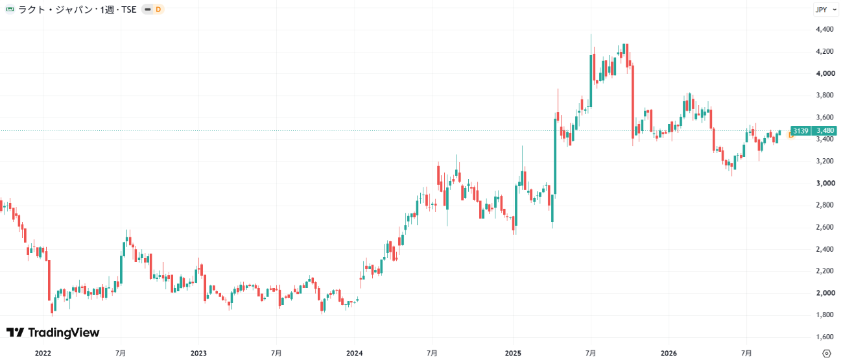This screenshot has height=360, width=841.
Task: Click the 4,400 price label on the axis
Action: point(825,29)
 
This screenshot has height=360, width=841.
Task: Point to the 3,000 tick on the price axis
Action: point(825,183)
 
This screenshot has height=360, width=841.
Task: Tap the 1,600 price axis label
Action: point(825,337)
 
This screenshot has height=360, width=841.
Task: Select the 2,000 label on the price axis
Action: point(825,293)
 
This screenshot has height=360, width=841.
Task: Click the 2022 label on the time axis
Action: point(43,354)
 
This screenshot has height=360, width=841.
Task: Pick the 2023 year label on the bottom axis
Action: point(198,354)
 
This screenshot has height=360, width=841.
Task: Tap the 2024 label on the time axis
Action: point(355,354)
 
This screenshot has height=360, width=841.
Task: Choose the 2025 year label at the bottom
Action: point(513,354)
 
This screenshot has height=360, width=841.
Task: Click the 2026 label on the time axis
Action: point(669,354)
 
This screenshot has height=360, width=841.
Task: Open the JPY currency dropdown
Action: point(826,10)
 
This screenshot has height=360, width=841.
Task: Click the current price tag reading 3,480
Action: point(825,130)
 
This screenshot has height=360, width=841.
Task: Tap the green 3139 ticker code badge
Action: point(801,130)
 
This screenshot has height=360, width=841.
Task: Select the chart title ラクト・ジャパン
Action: point(55,10)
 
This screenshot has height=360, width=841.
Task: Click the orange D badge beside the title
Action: point(158,9)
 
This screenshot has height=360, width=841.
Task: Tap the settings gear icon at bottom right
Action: point(826,354)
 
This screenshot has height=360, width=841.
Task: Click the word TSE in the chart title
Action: point(129,10)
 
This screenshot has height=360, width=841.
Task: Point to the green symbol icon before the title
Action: point(10,9)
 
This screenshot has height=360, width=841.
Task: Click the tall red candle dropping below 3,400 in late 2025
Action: point(633,101)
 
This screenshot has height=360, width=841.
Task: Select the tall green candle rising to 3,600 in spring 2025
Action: point(555,156)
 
